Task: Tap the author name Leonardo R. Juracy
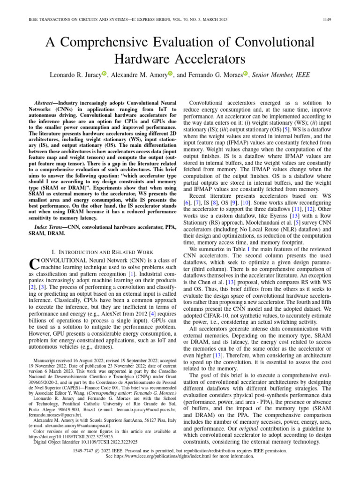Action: (76, 74)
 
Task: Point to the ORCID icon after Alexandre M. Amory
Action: (171, 73)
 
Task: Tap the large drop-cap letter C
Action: (33, 264)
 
